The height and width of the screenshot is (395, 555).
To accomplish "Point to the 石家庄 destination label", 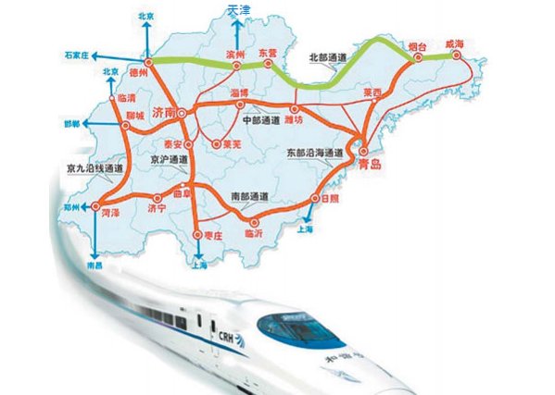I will [82, 54].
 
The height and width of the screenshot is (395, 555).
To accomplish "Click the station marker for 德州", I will [148, 59].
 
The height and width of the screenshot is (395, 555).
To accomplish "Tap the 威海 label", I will [459, 43].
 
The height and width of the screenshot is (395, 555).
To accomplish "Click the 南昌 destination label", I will [94, 265].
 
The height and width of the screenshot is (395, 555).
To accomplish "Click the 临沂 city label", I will [253, 233].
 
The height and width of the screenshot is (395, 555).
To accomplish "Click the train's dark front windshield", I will [295, 324].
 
